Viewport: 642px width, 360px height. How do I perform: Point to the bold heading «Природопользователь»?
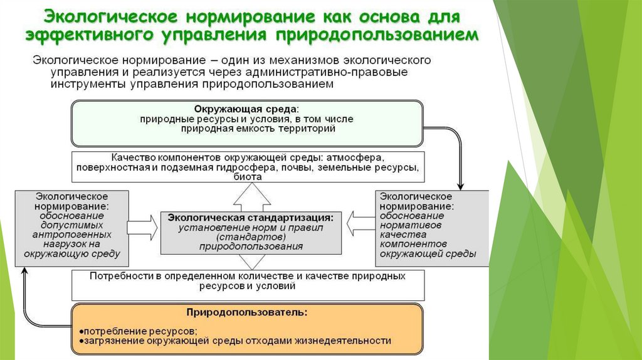click(246, 311)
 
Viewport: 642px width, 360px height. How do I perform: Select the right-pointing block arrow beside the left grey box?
click(143, 222)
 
